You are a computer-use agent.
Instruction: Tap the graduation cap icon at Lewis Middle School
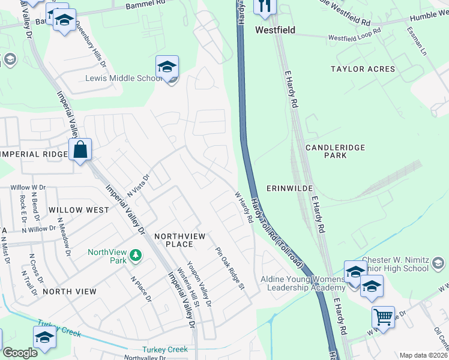[x=167, y=66]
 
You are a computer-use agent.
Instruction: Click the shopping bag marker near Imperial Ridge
[x=80, y=150]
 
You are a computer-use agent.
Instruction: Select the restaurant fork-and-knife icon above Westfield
[x=265, y=6]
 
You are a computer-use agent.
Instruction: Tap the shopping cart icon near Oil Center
[x=384, y=316]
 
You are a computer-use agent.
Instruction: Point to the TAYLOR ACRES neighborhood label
[x=363, y=69]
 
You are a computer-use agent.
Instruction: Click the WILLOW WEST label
[x=79, y=210]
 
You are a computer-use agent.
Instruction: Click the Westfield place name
[x=276, y=29]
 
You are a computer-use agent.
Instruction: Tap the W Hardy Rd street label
[x=243, y=207]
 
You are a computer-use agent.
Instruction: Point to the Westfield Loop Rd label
[x=354, y=35]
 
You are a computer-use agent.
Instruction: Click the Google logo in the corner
[x=20, y=353]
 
